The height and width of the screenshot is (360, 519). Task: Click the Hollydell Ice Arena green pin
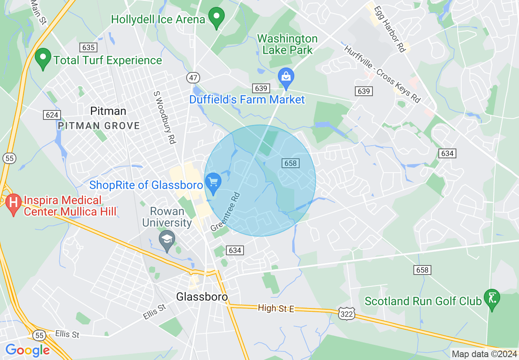tap(217, 17)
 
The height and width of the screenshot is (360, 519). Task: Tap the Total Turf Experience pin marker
tap(43, 58)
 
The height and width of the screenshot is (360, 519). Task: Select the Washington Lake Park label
tap(287, 45)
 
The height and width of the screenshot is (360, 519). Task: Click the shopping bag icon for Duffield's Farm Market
tap(286, 77)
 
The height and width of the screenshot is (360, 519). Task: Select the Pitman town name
tap(108, 111)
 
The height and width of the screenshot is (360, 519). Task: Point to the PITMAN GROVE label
tap(99, 126)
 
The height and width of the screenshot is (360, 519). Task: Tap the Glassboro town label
tap(202, 297)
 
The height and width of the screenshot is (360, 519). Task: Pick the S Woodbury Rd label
tap(165, 117)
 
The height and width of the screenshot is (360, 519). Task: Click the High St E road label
tap(276, 308)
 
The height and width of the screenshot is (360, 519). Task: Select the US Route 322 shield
tap(345, 314)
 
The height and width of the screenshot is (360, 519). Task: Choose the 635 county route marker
tap(88, 47)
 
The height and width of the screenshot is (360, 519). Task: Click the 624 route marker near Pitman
tap(52, 115)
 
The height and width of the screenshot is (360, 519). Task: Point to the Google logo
tap(27, 350)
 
